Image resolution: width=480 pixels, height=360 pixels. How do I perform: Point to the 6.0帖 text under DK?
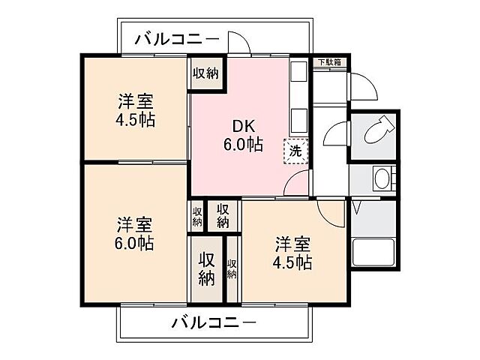click(x=241, y=145)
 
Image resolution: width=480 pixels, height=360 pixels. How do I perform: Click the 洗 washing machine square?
click(x=295, y=150)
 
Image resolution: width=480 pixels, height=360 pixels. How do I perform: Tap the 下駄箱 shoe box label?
click(x=328, y=62)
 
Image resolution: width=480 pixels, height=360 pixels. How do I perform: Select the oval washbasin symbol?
click(x=382, y=179)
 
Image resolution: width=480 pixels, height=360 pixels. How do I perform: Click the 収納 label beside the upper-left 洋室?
click(x=205, y=73)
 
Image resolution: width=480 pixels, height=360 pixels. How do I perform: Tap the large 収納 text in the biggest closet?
click(x=206, y=268)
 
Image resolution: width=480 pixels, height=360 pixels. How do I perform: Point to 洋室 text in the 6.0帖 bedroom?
click(x=135, y=224)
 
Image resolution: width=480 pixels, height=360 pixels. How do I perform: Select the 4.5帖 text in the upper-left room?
click(x=136, y=120)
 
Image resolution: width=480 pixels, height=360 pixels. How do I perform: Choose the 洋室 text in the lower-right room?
click(x=293, y=244)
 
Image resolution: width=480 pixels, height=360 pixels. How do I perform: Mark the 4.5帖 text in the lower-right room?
click(x=293, y=262)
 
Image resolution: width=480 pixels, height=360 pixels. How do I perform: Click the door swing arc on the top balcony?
click(x=239, y=43)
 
